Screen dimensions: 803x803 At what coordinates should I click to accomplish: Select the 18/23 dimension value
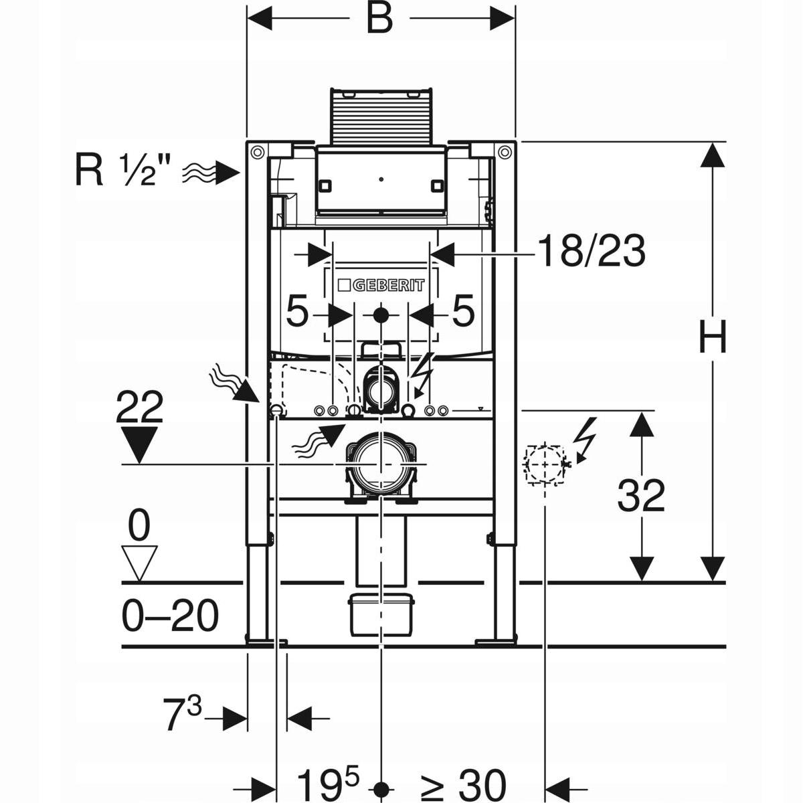592,252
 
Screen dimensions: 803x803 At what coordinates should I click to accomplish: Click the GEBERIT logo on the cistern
381,285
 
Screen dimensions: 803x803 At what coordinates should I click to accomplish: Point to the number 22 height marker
139,408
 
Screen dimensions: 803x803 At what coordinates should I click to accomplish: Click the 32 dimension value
641,496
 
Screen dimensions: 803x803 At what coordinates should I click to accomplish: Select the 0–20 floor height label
171,616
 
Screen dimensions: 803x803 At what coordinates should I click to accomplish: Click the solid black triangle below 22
139,445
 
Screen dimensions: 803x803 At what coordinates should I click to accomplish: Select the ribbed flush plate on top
380,115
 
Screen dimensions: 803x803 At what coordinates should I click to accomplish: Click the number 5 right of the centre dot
463,313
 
